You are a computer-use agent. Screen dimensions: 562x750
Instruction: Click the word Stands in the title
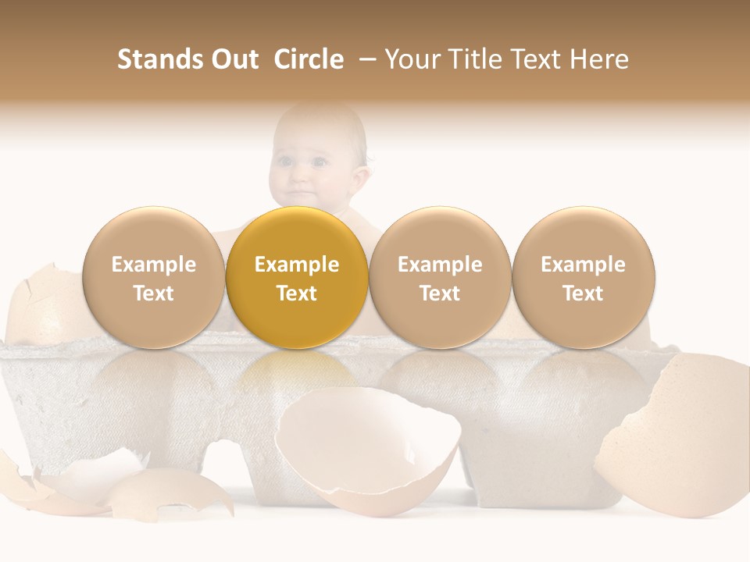tap(159, 59)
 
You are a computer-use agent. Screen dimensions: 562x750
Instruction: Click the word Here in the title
tap(599, 59)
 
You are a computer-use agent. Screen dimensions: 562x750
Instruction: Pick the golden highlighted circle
tap(297, 278)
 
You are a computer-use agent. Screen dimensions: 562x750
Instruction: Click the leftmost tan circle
tap(154, 278)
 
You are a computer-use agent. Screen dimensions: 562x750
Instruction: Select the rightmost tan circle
tap(583, 278)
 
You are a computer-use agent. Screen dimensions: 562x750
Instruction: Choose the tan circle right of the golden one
tap(440, 278)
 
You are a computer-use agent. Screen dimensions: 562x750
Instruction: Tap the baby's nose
tap(300, 178)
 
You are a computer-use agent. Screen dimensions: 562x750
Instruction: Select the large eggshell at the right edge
tap(680, 437)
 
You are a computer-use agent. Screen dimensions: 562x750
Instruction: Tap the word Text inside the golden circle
tap(297, 293)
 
